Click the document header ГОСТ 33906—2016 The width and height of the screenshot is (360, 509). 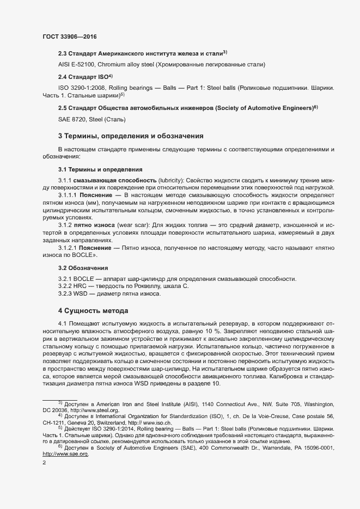(x=70, y=36)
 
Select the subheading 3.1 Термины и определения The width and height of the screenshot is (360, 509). (x=100, y=169)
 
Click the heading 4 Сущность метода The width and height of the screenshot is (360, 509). (x=93, y=311)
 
